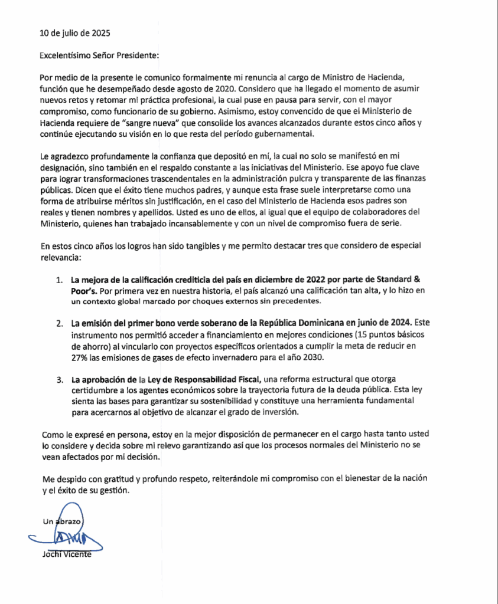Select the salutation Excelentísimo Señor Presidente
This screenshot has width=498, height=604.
pyautogui.click(x=100, y=55)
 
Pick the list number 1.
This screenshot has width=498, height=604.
pyautogui.click(x=59, y=279)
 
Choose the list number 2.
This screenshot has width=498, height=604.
pyautogui.click(x=59, y=324)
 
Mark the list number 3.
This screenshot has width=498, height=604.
pyautogui.click(x=59, y=379)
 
